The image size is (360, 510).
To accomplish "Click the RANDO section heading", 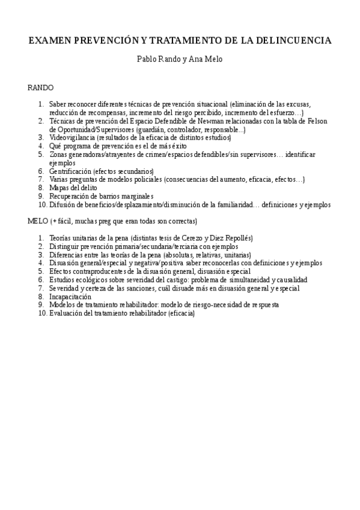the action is click(x=41, y=88).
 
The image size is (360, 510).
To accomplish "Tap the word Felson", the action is click(x=320, y=121).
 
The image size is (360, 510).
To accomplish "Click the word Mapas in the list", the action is click(x=60, y=188).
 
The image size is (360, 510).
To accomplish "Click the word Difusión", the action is click(x=63, y=205).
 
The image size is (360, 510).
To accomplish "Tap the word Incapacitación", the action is click(x=70, y=296).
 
